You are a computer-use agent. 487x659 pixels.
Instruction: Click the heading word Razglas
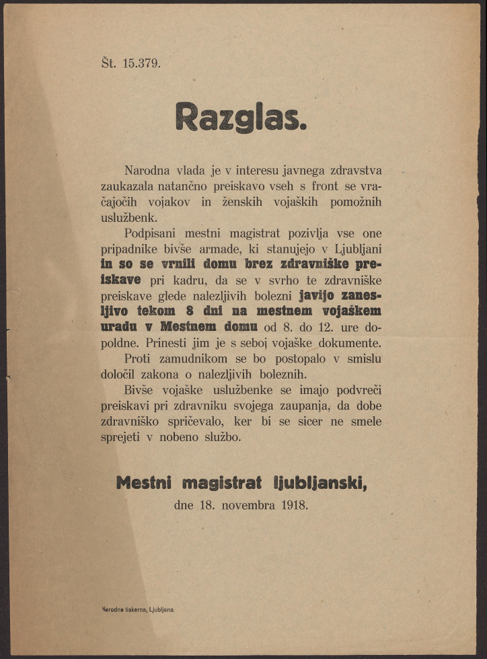click(x=241, y=117)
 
